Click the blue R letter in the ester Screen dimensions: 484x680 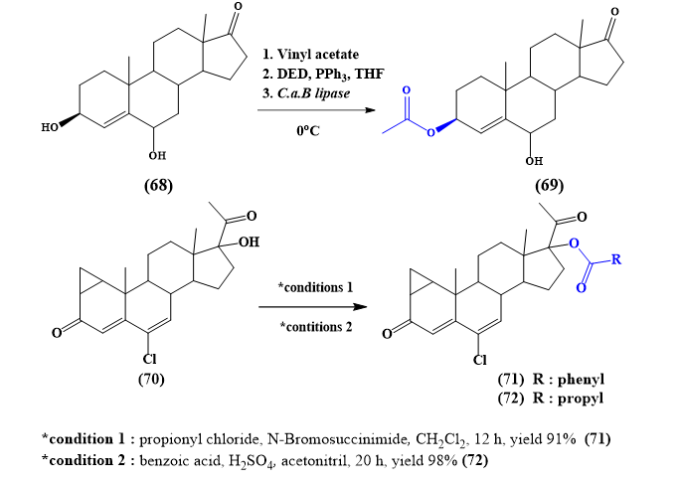pyautogui.click(x=616, y=260)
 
